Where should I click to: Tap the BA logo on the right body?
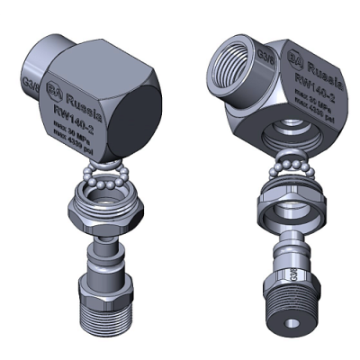point(293,60)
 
